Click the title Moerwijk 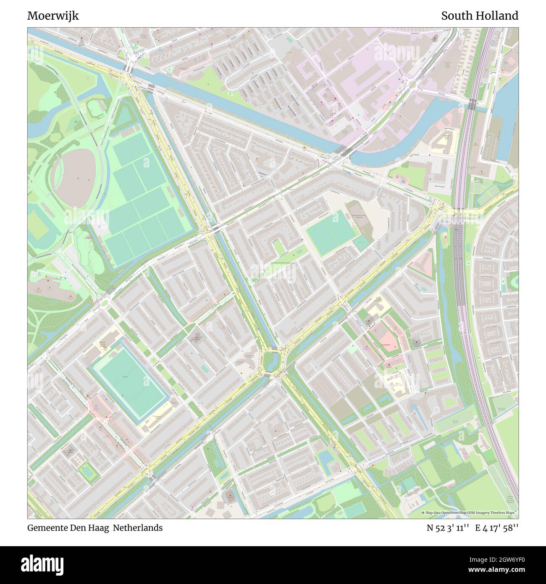(53, 16)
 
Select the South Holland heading (479, 16)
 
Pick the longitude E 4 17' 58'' (497, 528)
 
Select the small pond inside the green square (88, 471)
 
